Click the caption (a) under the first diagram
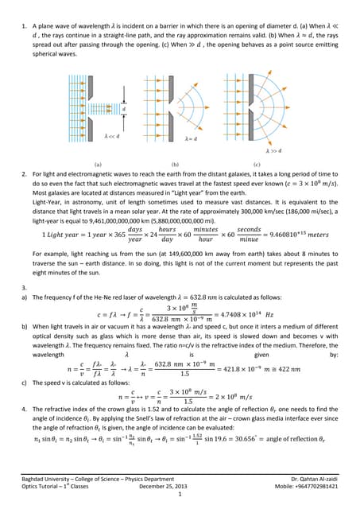97,164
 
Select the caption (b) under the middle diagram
175,164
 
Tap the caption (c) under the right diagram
256,164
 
